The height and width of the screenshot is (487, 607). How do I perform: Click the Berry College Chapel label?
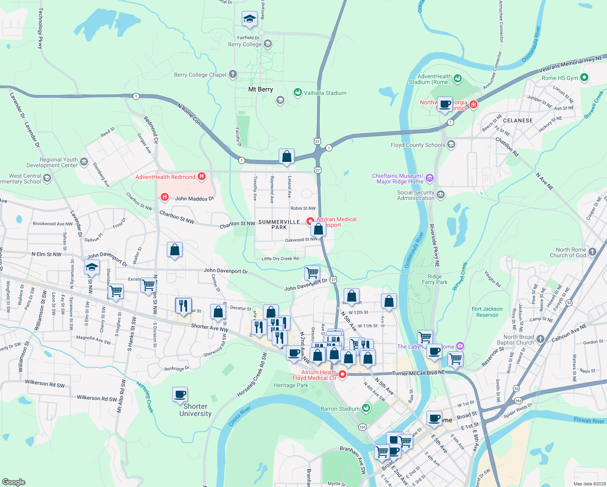[200, 75]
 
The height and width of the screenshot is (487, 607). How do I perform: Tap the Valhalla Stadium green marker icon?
[298, 93]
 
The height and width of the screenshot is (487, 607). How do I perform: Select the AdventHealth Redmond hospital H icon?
[202, 177]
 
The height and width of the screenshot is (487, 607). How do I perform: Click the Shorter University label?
[196, 410]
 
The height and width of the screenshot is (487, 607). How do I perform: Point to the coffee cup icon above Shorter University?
[180, 394]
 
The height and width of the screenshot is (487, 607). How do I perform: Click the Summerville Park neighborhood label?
[279, 224]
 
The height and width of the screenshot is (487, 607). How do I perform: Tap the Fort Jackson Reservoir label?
[487, 312]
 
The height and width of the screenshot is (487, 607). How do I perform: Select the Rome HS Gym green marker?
[584, 78]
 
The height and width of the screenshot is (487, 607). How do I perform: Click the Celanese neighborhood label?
[518, 121]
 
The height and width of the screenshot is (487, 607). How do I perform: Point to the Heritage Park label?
[291, 385]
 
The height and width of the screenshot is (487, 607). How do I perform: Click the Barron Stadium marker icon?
[366, 408]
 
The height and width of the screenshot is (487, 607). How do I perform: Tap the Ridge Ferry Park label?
[435, 279]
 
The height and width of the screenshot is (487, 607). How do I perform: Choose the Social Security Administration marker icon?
[441, 195]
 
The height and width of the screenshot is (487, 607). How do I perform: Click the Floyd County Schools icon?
[451, 145]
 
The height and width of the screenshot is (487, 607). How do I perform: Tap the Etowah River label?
[589, 420]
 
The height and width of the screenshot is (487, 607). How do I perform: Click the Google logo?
[13, 482]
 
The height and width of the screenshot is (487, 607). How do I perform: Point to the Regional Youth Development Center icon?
[84, 162]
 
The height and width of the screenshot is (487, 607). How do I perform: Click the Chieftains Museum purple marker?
[430, 178]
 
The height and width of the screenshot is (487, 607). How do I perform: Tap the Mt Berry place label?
[260, 89]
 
